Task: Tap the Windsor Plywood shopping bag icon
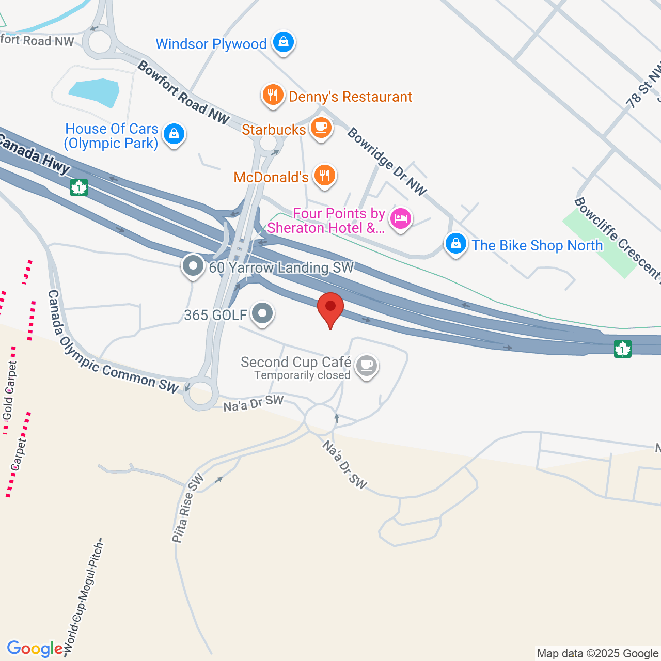pos(284,42)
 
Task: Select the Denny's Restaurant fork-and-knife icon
pos(273,95)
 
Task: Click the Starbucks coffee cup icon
pos(321,128)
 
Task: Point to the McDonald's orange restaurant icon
pos(324,176)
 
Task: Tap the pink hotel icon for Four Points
pos(400,218)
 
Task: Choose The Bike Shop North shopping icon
pos(456,243)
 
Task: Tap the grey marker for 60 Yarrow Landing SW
pos(193,266)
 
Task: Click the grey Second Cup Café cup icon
pos(367,365)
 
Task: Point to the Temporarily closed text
pos(302,375)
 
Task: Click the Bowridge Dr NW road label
pos(387,162)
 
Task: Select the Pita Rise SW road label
pos(187,509)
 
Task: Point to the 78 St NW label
pos(643,86)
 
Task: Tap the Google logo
pos(35,649)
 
